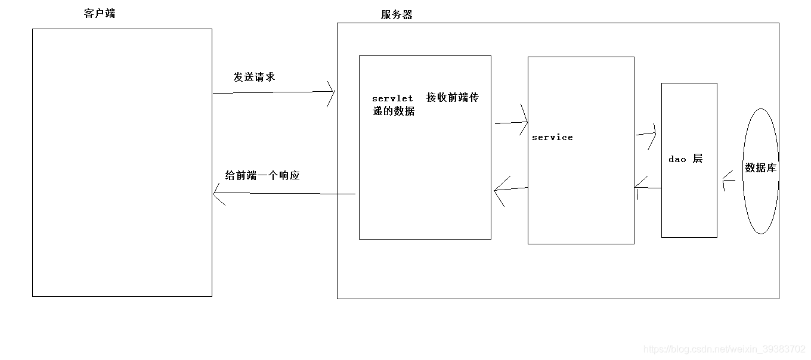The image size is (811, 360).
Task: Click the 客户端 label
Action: click(x=100, y=14)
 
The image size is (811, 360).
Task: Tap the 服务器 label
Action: click(x=397, y=15)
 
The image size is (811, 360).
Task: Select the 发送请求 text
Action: click(x=254, y=77)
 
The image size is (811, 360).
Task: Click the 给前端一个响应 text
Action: click(x=262, y=176)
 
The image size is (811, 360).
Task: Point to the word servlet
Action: click(x=392, y=99)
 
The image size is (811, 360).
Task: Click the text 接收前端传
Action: click(x=453, y=98)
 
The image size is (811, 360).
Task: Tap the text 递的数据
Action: click(x=394, y=111)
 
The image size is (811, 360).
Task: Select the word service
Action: click(x=552, y=138)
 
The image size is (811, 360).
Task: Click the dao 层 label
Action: click(x=685, y=159)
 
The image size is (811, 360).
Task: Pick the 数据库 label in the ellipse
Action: click(x=760, y=168)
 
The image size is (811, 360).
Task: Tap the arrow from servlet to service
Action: click(x=512, y=123)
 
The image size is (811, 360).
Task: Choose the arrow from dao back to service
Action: click(x=648, y=188)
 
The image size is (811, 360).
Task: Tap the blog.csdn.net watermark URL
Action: click(x=725, y=349)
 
